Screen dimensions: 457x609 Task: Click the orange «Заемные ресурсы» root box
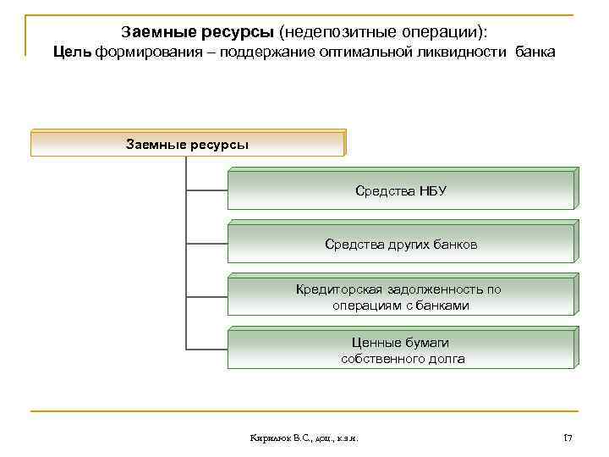[188, 143]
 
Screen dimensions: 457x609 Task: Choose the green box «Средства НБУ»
[401, 190]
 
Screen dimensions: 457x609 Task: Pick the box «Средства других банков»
[401, 244]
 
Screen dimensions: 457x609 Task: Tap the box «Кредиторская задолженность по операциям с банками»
[401, 297]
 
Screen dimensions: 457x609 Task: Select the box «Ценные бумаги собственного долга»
[401, 350]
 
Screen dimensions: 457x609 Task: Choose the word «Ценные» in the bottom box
[375, 343]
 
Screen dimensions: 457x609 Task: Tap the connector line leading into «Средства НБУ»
[206, 189]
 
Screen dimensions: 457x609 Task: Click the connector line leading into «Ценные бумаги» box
[206, 348]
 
